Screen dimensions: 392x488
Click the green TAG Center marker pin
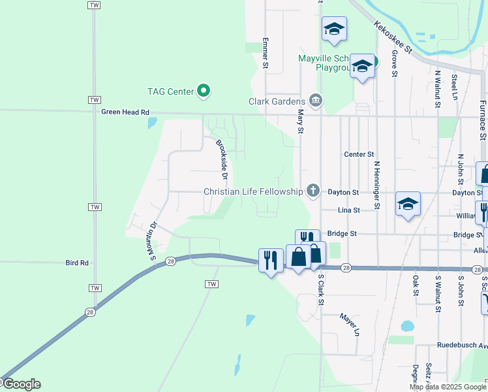[x=204, y=91]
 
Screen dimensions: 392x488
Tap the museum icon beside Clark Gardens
[x=316, y=101]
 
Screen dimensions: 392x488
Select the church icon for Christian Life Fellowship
[x=313, y=191]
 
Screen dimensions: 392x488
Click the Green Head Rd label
[x=126, y=112]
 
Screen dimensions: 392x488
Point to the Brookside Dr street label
[x=222, y=159]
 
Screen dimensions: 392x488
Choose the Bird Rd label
[x=76, y=263]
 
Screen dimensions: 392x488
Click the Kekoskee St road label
[x=394, y=36]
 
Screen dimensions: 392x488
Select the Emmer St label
[x=266, y=52]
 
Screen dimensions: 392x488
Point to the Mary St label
[x=301, y=122]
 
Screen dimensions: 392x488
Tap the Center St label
[x=359, y=154]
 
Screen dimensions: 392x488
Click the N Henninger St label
[x=376, y=186]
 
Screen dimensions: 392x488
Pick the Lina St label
[x=349, y=210]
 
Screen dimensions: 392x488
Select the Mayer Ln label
[x=349, y=324]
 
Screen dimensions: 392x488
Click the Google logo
[x=21, y=384]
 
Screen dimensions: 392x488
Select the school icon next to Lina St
[x=408, y=204]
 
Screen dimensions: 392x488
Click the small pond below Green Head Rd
[x=152, y=122]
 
